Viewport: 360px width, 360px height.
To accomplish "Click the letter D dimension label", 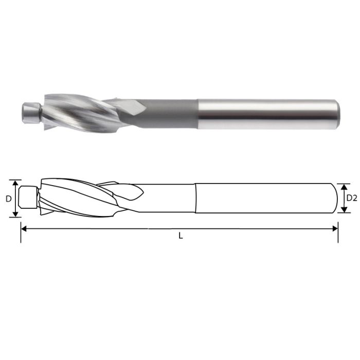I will coord(9,198).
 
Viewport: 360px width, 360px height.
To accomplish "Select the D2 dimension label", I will coord(352,197).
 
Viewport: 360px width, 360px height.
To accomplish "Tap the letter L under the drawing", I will coord(180,237).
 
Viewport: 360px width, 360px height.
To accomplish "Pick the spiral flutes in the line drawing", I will coord(77,198).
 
